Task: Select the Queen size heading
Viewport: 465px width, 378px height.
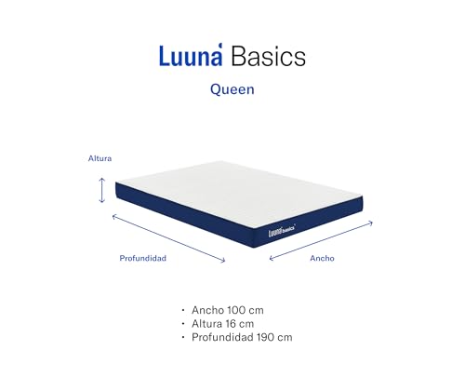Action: [x=232, y=91]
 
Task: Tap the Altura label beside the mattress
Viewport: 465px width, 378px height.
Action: [x=100, y=158]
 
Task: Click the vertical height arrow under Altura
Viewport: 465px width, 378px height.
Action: [x=101, y=190]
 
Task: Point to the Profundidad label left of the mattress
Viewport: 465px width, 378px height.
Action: [x=142, y=258]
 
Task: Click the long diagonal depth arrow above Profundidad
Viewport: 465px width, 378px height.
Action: [x=168, y=238]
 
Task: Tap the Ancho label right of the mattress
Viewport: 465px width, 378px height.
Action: [x=322, y=258]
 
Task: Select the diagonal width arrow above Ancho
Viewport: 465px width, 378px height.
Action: [x=321, y=239]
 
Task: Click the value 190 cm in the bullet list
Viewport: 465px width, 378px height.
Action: [x=276, y=337]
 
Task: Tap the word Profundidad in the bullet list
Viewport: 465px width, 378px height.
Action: [x=224, y=337]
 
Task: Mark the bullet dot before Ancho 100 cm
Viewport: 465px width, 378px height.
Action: [x=182, y=309]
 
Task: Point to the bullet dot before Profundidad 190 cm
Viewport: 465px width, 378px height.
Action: [x=182, y=338]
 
